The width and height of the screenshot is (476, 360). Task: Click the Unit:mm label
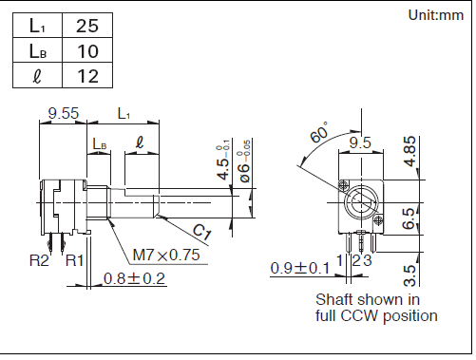coord(436,15)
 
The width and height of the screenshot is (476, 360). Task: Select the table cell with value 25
coord(87,26)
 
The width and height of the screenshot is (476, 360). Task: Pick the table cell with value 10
coord(87,50)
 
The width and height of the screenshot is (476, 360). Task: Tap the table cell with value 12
coord(87,75)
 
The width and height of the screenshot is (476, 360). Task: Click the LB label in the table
coord(38,51)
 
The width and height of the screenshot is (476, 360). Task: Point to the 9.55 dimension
coord(64,113)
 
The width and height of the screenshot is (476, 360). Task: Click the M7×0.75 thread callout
coord(166,255)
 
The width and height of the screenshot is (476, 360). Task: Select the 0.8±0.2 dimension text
coord(134,278)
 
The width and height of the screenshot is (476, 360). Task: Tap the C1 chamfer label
coord(201,232)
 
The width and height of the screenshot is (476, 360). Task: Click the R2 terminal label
coord(39,260)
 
